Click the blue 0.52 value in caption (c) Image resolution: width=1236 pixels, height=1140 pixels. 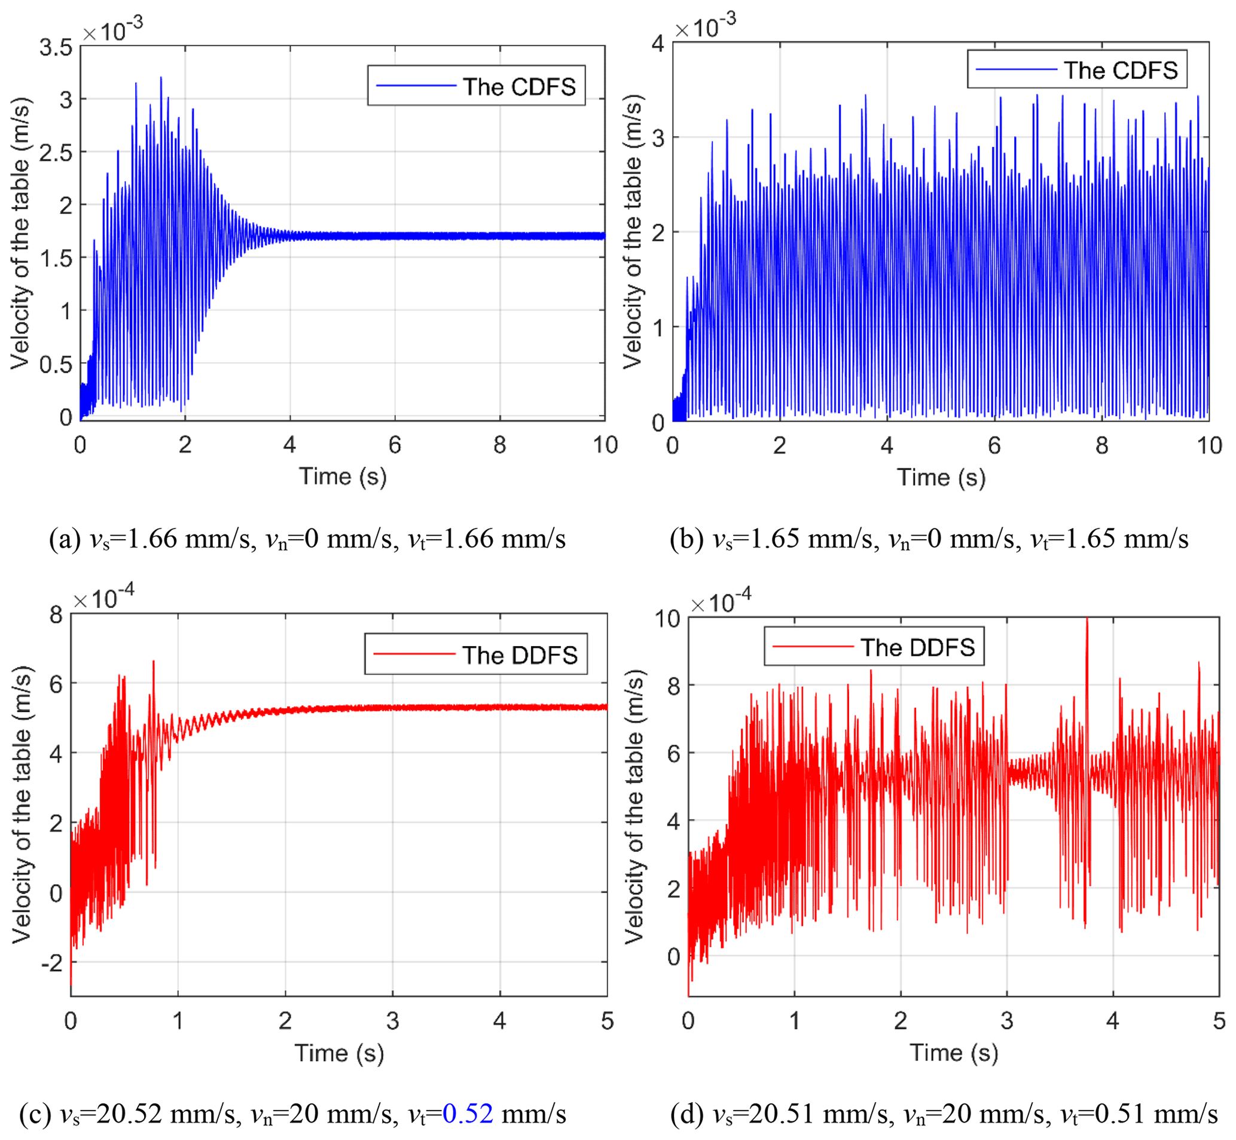[x=468, y=1114]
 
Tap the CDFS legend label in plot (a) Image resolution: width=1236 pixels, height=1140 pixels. [x=519, y=87]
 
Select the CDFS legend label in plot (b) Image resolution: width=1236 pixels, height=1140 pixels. [x=1121, y=71]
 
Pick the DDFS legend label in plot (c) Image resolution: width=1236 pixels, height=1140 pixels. [x=520, y=655]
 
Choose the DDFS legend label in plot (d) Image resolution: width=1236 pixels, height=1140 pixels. [x=918, y=648]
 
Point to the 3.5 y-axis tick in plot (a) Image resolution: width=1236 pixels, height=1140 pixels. [x=56, y=47]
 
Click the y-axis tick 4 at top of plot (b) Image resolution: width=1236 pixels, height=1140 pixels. [x=658, y=44]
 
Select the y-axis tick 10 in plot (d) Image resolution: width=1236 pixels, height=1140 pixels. [x=667, y=619]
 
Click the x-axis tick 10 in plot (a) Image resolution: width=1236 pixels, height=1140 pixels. [x=605, y=445]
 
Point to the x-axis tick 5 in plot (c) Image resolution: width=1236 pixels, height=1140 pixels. [x=607, y=1021]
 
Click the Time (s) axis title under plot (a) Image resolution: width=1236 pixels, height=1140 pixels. [x=343, y=477]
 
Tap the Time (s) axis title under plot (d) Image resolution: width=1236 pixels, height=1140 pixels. [x=953, y=1052]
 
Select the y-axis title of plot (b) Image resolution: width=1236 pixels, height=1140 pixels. [x=633, y=232]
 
